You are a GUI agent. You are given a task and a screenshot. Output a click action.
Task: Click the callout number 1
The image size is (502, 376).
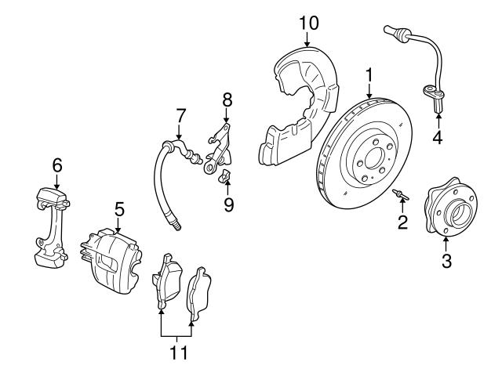[x=367, y=77]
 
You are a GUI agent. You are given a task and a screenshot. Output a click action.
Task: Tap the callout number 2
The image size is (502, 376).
[x=402, y=223]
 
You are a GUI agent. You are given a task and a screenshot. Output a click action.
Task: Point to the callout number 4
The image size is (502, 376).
[x=438, y=139]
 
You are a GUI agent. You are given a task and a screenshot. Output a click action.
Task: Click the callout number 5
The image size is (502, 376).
[x=119, y=208]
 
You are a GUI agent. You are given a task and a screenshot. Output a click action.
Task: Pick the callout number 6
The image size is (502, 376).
[x=56, y=165]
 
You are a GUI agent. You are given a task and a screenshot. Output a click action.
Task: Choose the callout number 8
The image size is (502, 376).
[x=227, y=99]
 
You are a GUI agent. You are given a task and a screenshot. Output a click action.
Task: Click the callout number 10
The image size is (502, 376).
[x=307, y=21]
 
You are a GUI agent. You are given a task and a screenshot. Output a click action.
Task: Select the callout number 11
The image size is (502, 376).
[x=180, y=352]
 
